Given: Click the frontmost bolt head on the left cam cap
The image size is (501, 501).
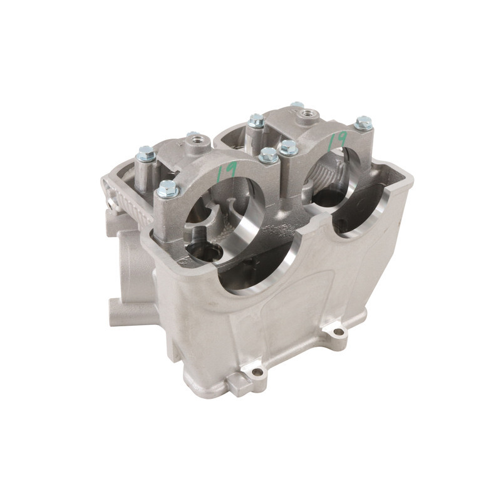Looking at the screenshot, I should tap(168, 189).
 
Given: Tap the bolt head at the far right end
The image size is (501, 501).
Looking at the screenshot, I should tap(363, 123).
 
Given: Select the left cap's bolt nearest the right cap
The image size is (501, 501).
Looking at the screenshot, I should tap(268, 155).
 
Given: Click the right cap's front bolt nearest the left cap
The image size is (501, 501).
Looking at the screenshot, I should tap(288, 148).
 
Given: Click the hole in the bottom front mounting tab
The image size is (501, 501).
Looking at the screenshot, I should tap(257, 372).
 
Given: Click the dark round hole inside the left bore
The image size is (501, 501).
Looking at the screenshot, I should tap(207, 252).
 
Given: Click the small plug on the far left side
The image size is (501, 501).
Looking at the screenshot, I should tap(111, 204).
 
